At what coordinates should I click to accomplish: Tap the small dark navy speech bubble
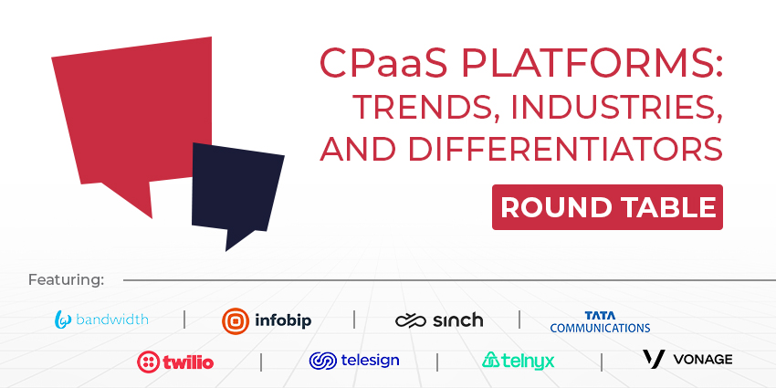point(236,191)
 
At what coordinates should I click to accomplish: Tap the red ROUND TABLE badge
point(607,207)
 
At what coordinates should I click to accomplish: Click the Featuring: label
point(67,280)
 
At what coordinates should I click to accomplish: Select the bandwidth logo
point(101,320)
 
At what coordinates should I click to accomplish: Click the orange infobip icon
point(235,320)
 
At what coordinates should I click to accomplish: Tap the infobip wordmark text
point(283,320)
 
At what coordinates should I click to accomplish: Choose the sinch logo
point(439,320)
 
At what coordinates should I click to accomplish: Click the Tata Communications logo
point(600,321)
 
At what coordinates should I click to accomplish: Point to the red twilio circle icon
point(149,362)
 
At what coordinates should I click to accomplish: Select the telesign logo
point(354,361)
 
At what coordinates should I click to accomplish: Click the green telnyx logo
point(519,361)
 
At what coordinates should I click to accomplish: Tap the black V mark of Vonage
point(654,359)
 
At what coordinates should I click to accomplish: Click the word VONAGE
point(703,360)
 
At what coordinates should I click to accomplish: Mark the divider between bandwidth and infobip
point(184,320)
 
